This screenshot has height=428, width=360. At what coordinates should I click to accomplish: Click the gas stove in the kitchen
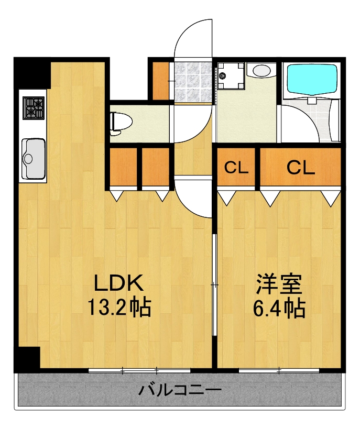(x=33, y=107)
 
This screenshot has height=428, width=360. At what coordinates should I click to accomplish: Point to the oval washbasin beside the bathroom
(x=260, y=70)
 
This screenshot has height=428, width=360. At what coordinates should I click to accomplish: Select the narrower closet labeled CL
(x=236, y=168)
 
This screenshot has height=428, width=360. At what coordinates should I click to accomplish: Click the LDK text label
(x=118, y=283)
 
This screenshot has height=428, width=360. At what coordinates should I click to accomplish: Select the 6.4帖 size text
(x=279, y=309)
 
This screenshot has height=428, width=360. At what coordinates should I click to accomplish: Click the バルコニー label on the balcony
(x=180, y=390)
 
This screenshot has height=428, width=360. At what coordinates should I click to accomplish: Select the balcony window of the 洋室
(x=279, y=370)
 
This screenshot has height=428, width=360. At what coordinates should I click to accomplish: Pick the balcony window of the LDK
(x=139, y=370)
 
